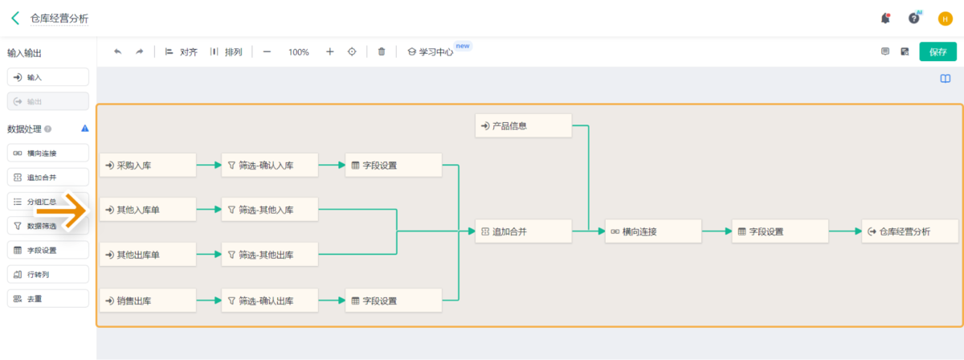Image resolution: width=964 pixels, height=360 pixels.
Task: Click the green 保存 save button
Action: [937, 51]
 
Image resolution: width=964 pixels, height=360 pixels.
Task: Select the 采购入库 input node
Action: [148, 166]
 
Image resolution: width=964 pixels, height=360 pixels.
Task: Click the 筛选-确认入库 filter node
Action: [270, 166]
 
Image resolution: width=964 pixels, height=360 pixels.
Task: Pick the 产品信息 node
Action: [523, 125]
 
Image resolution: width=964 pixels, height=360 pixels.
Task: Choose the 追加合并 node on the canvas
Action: [523, 231]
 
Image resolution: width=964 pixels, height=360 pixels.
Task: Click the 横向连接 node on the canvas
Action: [653, 231]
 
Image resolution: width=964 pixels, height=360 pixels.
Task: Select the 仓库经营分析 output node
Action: [909, 231]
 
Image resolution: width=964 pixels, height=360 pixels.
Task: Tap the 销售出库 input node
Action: [148, 301]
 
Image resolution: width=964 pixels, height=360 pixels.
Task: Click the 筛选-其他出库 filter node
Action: [270, 256]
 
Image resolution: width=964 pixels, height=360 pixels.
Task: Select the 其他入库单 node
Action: [148, 211]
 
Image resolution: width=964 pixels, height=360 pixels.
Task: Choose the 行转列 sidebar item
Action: [47, 274]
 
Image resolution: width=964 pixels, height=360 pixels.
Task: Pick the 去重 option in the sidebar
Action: [47, 298]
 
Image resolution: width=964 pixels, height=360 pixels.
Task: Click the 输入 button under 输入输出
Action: [47, 77]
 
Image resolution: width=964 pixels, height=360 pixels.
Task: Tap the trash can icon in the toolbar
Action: [382, 51]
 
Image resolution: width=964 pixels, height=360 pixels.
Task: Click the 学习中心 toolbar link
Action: [431, 51]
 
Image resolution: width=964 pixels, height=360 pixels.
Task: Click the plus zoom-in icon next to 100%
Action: [329, 51]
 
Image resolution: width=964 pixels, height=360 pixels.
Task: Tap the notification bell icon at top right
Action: [885, 18]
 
